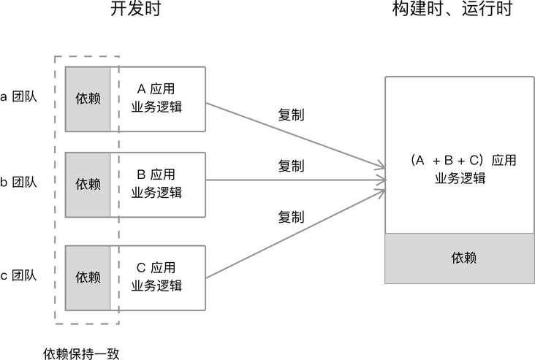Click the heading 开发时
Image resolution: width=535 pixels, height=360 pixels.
coord(135,10)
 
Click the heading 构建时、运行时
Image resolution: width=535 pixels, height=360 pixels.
coord(451,10)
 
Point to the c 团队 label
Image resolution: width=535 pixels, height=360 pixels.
coord(18,275)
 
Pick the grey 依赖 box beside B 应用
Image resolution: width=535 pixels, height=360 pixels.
coord(88,184)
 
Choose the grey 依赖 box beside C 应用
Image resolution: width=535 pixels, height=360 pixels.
coord(88,277)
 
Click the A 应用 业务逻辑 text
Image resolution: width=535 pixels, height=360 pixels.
coord(156,99)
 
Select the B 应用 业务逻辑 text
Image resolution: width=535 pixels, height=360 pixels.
coord(156,183)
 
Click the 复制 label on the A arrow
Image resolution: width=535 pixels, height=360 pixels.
coord(291,115)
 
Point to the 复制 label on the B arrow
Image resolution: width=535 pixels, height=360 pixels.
coord(291,166)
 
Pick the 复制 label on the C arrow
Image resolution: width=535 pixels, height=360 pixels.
coord(291,216)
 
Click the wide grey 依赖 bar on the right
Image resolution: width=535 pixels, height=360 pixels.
coord(460,258)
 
